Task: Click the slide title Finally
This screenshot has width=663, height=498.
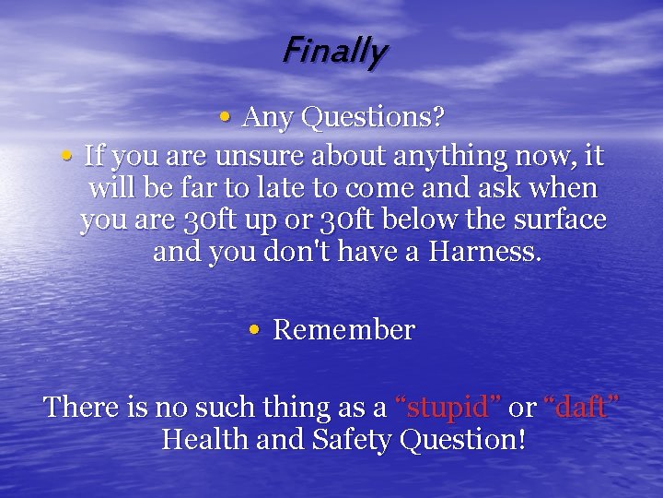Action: (x=334, y=52)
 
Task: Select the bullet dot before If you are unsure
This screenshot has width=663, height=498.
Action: (x=67, y=156)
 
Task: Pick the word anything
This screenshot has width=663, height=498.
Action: (x=426, y=157)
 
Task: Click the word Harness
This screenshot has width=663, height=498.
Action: (x=493, y=252)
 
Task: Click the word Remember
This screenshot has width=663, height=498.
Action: (x=344, y=330)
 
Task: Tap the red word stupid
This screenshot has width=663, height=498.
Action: (x=447, y=408)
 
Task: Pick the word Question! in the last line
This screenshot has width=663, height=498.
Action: (x=463, y=440)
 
